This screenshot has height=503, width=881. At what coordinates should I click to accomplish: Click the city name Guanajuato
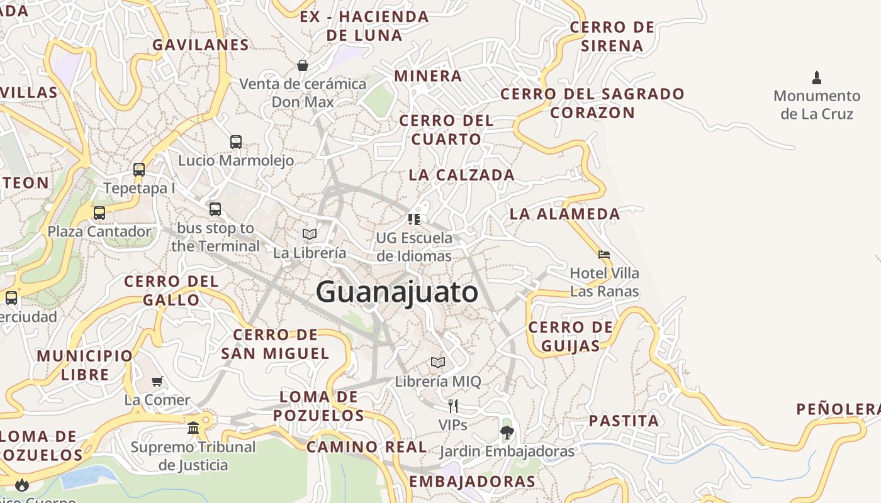pos(397,293)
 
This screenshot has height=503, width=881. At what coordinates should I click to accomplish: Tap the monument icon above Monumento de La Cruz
pos(817,78)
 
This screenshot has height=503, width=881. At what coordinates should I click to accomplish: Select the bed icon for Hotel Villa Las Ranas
pos(604,255)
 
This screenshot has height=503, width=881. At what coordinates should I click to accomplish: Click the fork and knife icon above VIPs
pos(452,406)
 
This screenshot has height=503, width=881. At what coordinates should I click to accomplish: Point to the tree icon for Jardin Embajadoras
pos(507,432)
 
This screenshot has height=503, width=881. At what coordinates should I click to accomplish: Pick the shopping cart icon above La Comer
pos(157,381)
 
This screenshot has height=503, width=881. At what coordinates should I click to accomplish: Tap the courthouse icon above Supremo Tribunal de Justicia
pos(193,428)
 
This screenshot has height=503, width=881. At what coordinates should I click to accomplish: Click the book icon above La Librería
pos(309,234)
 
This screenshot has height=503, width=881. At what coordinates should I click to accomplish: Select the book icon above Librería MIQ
pos(438,362)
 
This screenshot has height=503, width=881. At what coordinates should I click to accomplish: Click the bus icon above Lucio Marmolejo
pos(236,141)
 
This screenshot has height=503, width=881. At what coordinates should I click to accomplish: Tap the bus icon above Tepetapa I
pos(139,169)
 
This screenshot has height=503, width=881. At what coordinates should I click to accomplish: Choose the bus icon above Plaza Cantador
pos(99,213)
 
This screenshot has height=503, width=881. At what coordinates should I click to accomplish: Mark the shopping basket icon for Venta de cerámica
pos(303,65)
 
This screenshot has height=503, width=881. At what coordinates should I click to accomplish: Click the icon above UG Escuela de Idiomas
pos(414,219)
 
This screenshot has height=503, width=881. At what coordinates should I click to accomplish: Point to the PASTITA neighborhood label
pos(624,421)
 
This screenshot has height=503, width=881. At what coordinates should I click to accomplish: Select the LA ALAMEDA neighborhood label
pos(564,214)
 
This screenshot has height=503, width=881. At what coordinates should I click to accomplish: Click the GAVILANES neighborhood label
pos(201,45)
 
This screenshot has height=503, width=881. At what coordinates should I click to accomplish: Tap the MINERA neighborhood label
pos(428,76)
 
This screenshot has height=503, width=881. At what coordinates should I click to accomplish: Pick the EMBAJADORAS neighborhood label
pos(472,482)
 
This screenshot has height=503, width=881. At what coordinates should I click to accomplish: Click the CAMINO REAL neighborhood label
pos(366,447)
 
